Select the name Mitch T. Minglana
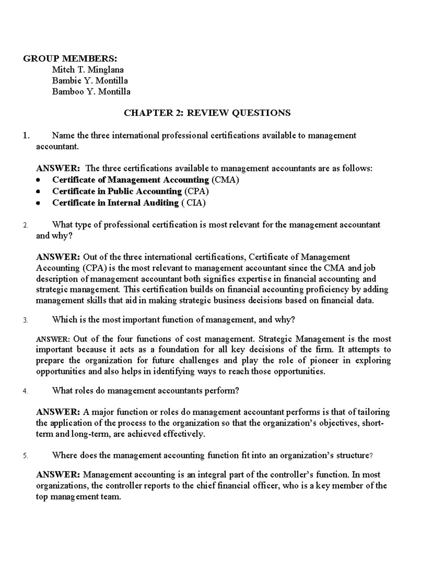coord(88,69)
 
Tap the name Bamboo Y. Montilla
coord(91,91)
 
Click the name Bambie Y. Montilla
coord(90,81)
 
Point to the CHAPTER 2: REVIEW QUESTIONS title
coord(207,113)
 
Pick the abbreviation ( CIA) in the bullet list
coord(194,203)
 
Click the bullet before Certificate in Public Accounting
coord(38,192)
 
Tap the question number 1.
coord(26,136)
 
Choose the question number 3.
coord(25,320)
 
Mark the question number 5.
coord(25,456)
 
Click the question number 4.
coord(25,391)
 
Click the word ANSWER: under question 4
coord(58,412)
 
